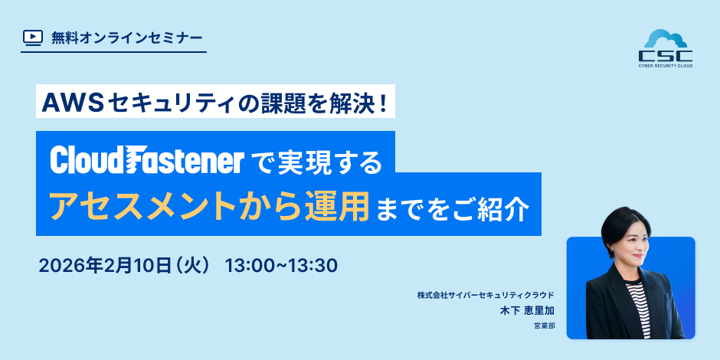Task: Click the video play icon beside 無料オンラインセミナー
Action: [33, 37]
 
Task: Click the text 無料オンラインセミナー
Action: [127, 37]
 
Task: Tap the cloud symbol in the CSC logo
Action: [665, 40]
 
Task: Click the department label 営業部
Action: [544, 326]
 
